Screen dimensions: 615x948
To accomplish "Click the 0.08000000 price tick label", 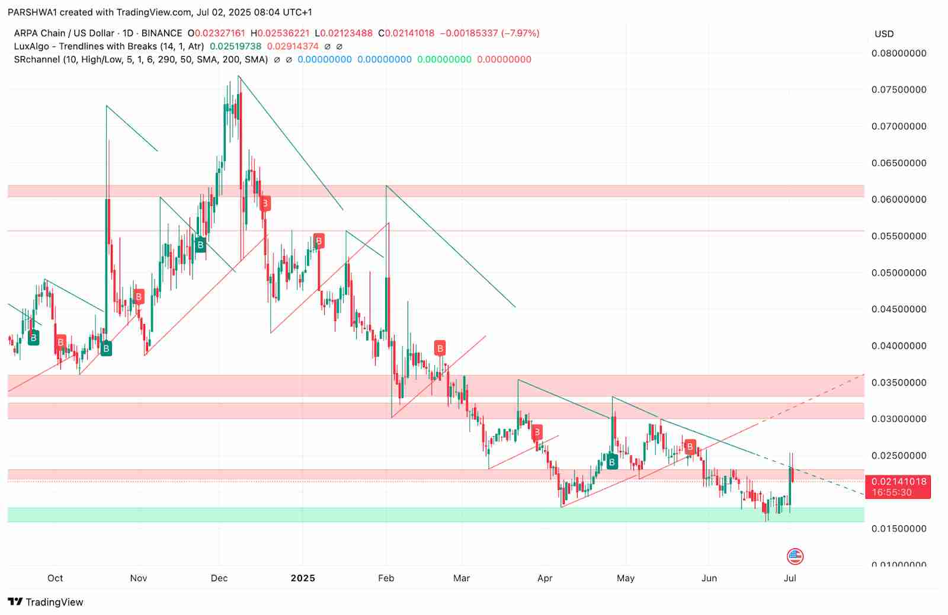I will pyautogui.click(x=898, y=53).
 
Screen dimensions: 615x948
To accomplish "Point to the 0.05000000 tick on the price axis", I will pyautogui.click(x=898, y=273).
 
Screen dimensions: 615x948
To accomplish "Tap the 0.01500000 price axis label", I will pyautogui.click(x=898, y=529).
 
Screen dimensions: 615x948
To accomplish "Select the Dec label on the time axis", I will pyautogui.click(x=219, y=578).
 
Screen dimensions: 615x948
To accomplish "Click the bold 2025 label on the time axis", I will pyautogui.click(x=303, y=578).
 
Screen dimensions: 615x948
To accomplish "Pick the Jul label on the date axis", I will pyautogui.click(x=790, y=578).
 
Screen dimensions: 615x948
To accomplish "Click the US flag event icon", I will pyautogui.click(x=795, y=556).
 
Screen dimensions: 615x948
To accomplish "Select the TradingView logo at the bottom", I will pyautogui.click(x=46, y=602).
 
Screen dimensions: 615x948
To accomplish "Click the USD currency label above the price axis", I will pyautogui.click(x=884, y=34).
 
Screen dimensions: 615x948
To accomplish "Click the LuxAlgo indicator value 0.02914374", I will pyautogui.click(x=293, y=46).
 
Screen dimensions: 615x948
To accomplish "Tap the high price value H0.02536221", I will pyautogui.click(x=280, y=33).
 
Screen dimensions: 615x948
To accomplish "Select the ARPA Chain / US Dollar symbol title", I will pyautogui.click(x=64, y=33).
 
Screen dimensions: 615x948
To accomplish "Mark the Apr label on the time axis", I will pyautogui.click(x=545, y=578).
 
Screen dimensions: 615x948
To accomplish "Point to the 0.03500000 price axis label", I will pyautogui.click(x=898, y=383).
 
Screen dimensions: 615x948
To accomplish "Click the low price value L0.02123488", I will pyautogui.click(x=344, y=33).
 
